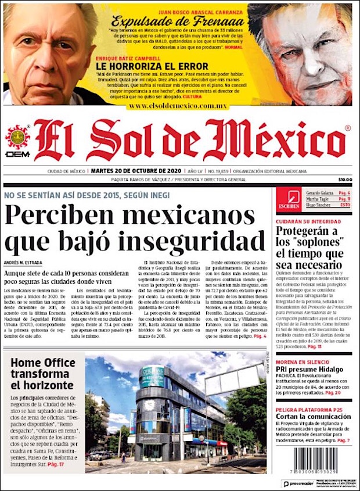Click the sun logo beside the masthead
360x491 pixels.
(x=17, y=138)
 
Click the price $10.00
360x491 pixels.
(x=345, y=180)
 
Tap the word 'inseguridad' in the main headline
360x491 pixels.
(x=186, y=239)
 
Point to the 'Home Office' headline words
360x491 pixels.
(x=43, y=364)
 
